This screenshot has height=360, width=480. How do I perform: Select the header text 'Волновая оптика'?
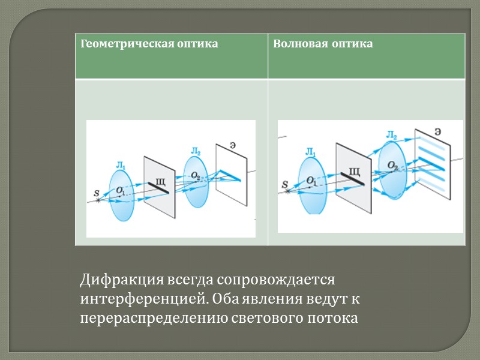point(323,44)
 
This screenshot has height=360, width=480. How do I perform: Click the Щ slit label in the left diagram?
point(160,179)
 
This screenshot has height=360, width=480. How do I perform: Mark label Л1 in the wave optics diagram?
point(311,154)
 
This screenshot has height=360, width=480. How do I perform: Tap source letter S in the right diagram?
point(286,186)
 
